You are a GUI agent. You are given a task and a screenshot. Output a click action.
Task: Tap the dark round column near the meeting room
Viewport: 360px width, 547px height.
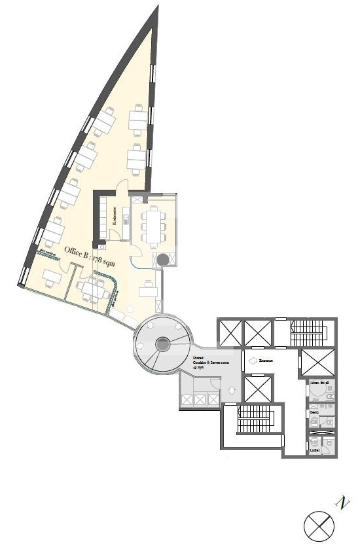pos(162,260)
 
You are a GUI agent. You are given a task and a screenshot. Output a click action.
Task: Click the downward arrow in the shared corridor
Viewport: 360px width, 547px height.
pos(232,392)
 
